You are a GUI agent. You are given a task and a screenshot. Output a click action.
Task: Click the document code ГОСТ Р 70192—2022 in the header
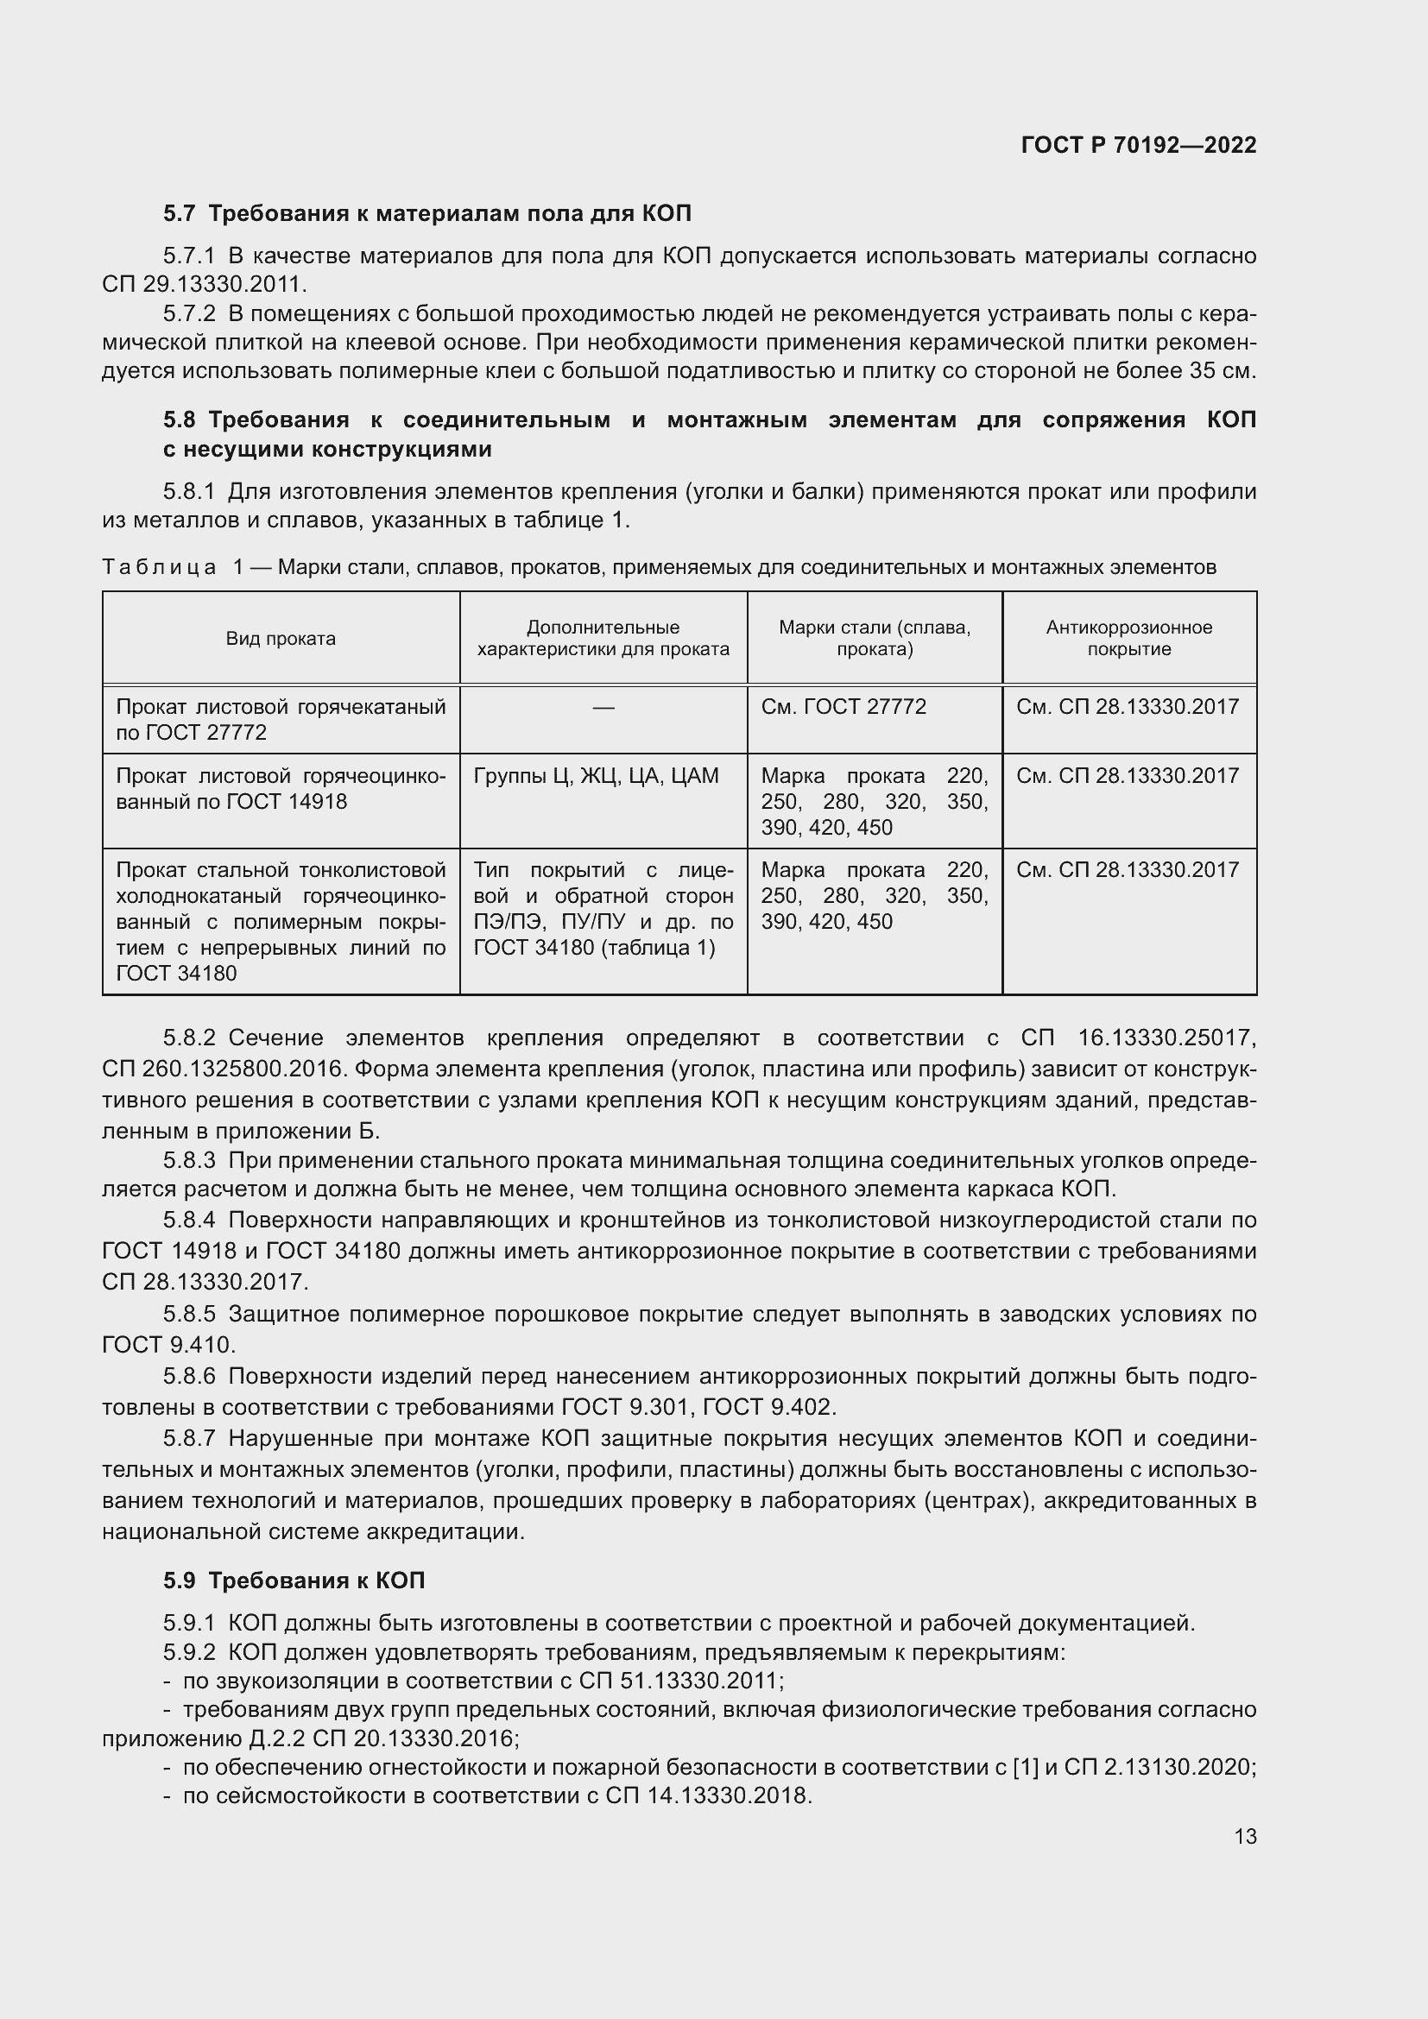[x=1138, y=146]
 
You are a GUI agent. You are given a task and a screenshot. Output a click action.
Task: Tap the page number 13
[x=1245, y=1836]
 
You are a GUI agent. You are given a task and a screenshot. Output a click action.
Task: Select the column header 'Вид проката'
[x=281, y=639]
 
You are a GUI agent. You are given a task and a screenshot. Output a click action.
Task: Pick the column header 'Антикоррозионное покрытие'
[x=1128, y=639]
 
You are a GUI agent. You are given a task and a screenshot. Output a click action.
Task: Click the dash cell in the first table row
[x=603, y=708]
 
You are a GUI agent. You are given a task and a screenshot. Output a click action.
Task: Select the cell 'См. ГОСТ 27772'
[x=844, y=707]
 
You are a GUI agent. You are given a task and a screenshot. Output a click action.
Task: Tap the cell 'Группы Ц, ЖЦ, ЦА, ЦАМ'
[x=597, y=776]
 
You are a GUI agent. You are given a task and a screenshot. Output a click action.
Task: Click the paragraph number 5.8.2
[x=189, y=1038]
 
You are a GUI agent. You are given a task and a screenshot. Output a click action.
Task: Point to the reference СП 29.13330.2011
[x=204, y=285]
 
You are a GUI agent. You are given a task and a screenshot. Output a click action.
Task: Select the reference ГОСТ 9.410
[x=167, y=1345]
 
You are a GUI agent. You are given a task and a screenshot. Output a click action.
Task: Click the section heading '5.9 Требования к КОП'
[x=294, y=1580]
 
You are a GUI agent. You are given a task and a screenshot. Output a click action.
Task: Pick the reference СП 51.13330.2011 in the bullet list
[x=679, y=1681]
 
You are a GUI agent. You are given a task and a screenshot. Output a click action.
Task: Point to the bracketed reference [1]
[x=1026, y=1767]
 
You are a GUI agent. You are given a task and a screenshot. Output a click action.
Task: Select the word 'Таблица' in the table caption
[x=159, y=567]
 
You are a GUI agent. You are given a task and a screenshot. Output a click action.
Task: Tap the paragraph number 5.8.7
[x=189, y=1439]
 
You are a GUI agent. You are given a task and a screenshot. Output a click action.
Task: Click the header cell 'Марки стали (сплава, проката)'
[x=874, y=639]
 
